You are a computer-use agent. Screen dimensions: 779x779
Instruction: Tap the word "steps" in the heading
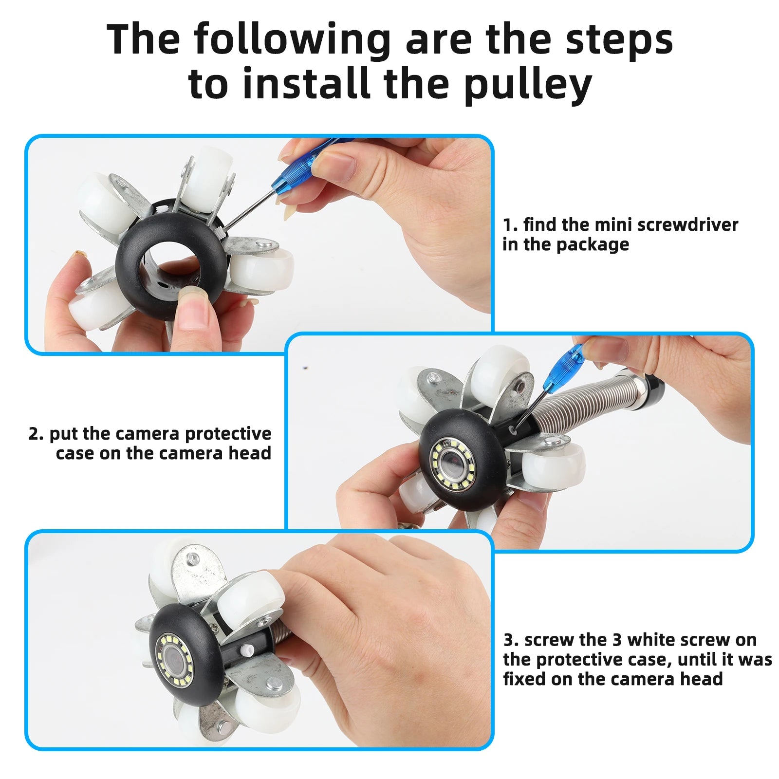click(619, 40)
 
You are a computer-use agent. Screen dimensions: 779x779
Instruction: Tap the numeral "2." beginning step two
click(36, 433)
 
